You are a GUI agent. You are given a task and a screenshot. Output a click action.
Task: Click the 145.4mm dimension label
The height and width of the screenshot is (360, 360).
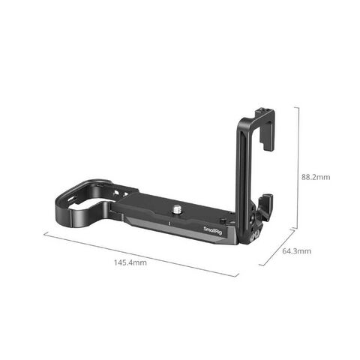[130, 262]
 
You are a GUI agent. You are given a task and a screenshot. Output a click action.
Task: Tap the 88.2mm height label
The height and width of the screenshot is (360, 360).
[316, 177]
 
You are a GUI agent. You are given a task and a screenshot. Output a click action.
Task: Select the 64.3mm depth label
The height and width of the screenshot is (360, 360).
[297, 251]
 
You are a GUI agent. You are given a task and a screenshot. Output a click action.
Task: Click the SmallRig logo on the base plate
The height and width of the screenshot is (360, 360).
[213, 230]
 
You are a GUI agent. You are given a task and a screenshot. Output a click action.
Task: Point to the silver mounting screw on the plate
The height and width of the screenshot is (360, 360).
[177, 208]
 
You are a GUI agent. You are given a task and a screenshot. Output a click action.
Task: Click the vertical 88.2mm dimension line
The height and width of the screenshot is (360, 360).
[298, 167]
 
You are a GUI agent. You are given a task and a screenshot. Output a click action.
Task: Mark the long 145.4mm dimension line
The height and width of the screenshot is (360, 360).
[141, 254]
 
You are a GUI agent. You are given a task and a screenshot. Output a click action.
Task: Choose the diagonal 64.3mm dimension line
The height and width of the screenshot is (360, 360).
[277, 247]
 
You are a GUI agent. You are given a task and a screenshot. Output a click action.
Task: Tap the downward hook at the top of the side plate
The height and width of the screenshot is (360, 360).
[266, 142]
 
